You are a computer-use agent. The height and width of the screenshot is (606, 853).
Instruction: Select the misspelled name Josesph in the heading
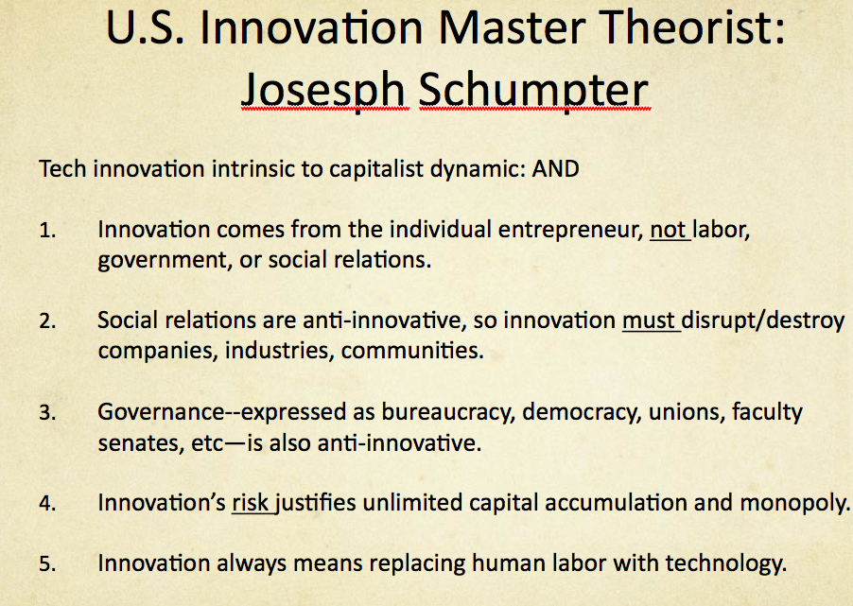[323, 90]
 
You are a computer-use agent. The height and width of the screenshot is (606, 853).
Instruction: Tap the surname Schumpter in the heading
[534, 90]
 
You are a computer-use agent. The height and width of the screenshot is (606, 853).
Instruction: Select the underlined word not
[669, 232]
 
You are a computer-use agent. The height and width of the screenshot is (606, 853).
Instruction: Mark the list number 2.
[47, 322]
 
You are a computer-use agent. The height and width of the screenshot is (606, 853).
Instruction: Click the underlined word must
[649, 321]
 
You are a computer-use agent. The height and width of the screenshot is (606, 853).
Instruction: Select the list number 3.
[47, 414]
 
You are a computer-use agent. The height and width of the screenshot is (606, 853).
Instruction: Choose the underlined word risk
[252, 503]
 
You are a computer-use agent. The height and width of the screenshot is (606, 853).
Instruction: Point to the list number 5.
[47, 565]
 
